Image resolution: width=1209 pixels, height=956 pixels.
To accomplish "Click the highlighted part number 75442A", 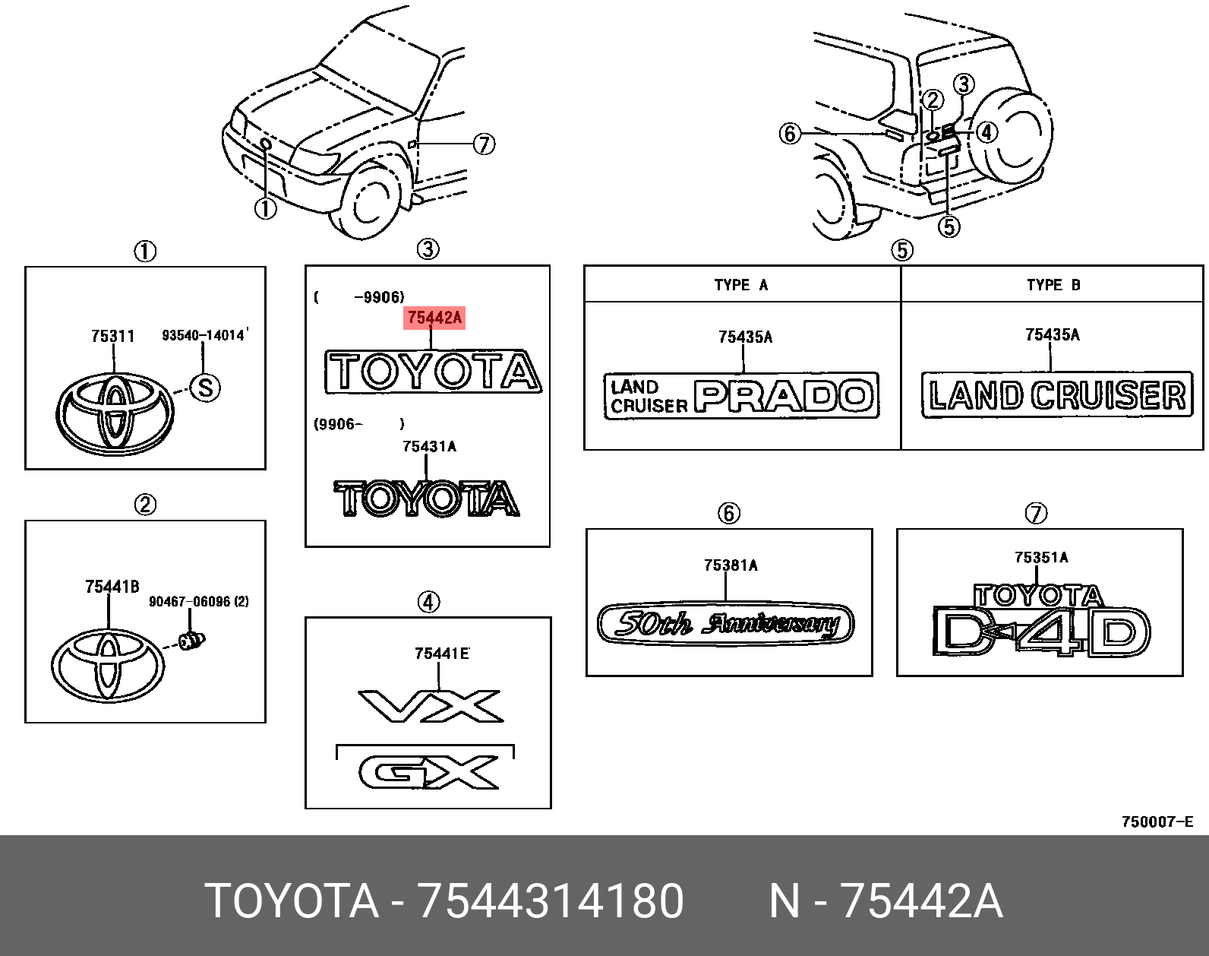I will point(434,318).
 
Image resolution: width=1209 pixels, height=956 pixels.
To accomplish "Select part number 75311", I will point(112,336).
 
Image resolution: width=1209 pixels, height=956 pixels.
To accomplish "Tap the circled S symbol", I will point(205,388).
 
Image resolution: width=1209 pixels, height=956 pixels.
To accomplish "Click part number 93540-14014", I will point(204,335).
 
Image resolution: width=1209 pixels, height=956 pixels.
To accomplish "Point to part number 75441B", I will point(112,587).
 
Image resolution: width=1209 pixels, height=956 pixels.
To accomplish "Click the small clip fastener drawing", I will point(192,640).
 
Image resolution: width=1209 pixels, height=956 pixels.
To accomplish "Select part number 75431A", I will point(429,447).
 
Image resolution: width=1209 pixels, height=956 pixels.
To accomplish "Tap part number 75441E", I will point(441,654).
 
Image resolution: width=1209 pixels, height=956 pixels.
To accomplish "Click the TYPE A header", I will point(741,285).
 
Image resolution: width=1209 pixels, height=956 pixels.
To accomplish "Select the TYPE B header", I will point(1053,285).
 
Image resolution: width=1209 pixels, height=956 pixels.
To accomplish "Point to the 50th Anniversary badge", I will point(725,624).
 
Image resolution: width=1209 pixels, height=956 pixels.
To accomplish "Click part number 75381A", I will point(731,565).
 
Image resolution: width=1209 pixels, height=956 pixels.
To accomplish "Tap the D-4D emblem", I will point(1040,632).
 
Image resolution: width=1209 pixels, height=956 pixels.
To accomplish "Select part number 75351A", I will point(1041,558).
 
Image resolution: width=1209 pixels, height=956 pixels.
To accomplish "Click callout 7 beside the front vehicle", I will point(484,144).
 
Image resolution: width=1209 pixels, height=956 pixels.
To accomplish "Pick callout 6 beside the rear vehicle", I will point(790,134).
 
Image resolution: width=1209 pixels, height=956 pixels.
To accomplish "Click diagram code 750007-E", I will point(1157,821).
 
